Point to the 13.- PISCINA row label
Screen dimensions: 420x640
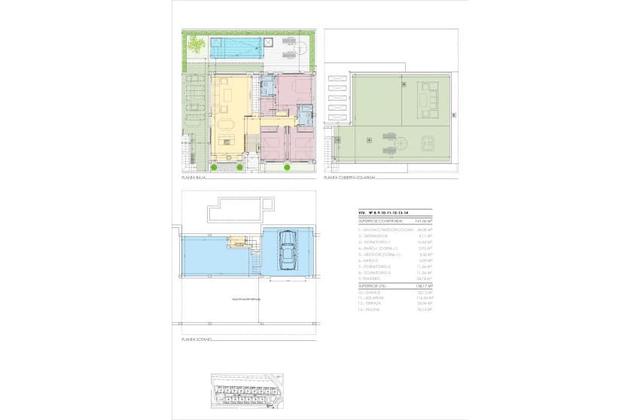[370, 309]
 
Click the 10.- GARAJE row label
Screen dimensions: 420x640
[370, 293]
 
